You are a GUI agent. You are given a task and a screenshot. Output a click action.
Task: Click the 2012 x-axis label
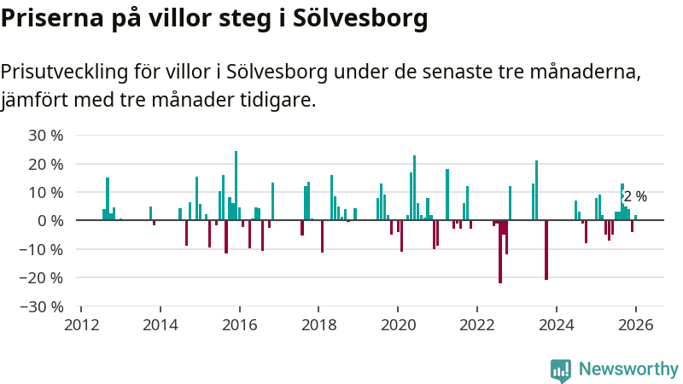[81, 325]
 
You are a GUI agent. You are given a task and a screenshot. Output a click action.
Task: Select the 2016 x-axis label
[239, 325]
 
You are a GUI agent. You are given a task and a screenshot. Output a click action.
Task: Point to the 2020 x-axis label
[398, 325]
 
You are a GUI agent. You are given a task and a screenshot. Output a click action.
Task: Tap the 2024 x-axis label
[556, 325]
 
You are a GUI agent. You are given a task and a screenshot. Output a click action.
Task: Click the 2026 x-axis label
[635, 325]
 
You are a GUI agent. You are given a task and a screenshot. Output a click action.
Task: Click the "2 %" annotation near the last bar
[635, 197]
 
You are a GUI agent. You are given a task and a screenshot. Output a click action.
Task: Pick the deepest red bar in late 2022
[500, 252]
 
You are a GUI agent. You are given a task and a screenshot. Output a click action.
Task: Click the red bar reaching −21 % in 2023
[546, 250]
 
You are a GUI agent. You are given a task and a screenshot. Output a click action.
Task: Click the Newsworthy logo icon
[561, 369]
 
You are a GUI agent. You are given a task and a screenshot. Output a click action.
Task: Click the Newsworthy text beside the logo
[628, 369]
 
